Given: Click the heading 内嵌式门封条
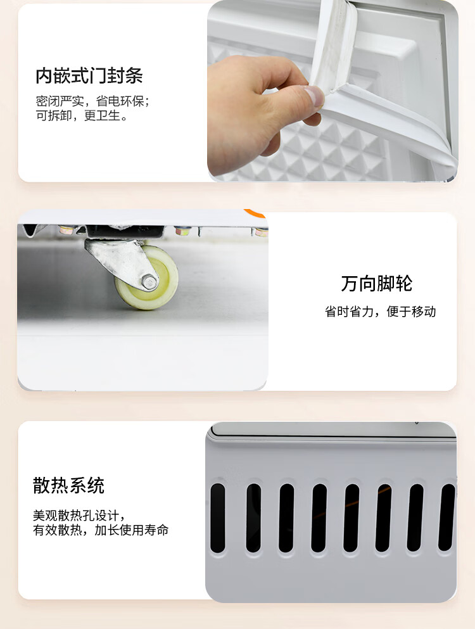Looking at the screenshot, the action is tap(89, 75).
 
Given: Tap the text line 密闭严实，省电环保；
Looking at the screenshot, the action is tap(92, 101).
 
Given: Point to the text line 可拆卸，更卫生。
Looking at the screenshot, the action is tap(82, 115).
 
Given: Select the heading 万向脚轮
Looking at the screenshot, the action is tap(377, 283).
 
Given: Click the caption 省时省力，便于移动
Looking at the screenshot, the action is tap(381, 311).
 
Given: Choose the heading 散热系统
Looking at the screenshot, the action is tap(68, 485).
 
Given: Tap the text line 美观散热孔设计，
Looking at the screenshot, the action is tap(79, 515).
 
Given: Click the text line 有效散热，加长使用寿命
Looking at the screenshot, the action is tap(101, 530).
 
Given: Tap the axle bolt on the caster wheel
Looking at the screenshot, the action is tap(149, 282).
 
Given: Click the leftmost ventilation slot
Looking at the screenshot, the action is tap(218, 518).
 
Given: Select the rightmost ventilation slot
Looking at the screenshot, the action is tap(446, 518).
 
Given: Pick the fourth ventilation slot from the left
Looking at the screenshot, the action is tap(319, 518).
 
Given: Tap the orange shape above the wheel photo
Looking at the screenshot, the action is tap(255, 213).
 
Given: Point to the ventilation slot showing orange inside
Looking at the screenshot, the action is tap(383, 518).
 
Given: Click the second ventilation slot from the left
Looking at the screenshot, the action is tap(253, 518).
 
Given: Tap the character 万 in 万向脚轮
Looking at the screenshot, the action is tap(350, 283).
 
